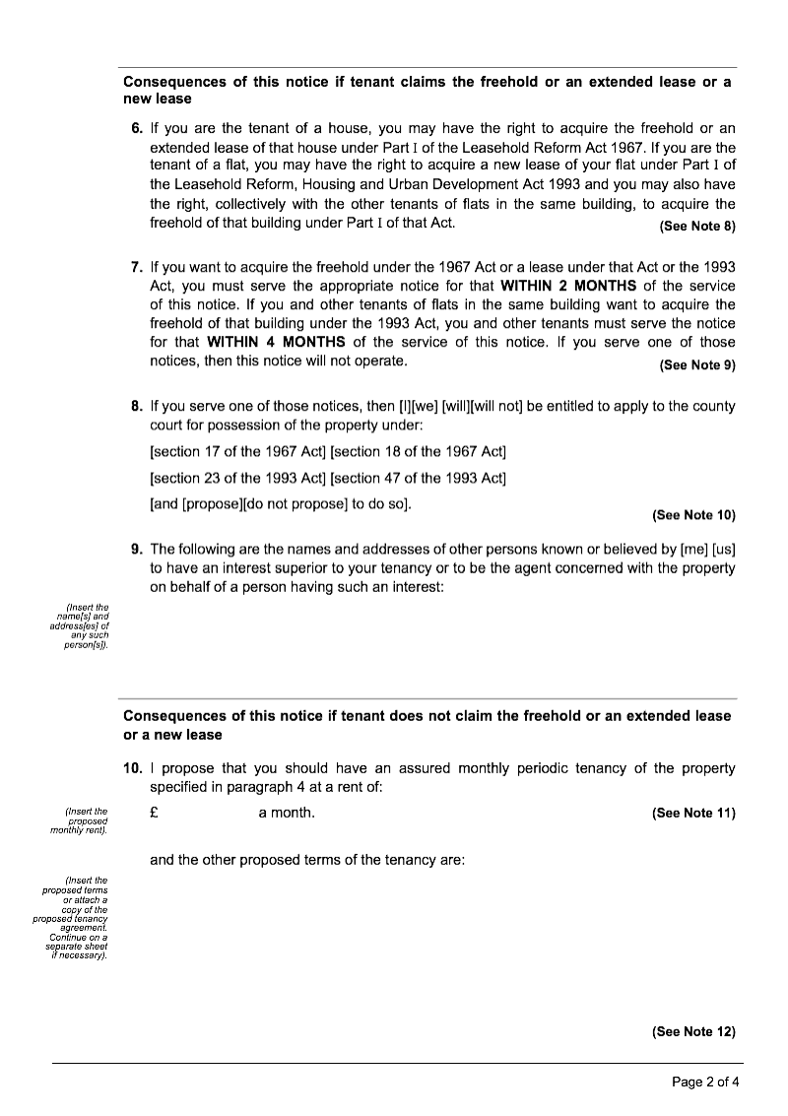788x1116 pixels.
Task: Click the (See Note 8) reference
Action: (697, 227)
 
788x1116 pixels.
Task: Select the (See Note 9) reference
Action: (697, 364)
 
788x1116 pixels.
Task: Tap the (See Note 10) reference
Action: (693, 515)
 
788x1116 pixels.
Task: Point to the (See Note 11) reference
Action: (693, 813)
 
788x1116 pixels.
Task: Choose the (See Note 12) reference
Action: (693, 1031)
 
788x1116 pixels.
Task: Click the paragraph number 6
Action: (136, 129)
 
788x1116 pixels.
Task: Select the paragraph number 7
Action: (136, 267)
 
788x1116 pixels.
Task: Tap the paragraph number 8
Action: (136, 406)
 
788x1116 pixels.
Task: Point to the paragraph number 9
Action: (136, 549)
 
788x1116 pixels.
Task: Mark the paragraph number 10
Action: (133, 768)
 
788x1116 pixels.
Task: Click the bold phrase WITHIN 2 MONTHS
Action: (564, 286)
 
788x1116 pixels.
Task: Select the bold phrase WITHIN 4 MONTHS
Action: (276, 342)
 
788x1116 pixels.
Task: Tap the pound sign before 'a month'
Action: (154, 813)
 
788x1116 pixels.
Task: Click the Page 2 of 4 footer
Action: (705, 1082)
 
